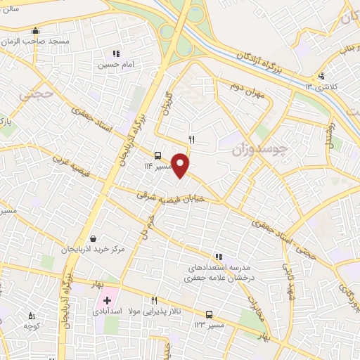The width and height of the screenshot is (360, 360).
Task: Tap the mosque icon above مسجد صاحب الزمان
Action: pos(36,31)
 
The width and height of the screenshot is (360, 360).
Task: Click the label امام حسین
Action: pos(115,65)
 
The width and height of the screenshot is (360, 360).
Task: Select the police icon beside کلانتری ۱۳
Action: pos(321,76)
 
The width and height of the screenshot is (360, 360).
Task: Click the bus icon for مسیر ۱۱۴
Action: pos(157,156)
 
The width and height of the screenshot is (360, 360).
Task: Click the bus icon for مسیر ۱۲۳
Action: pos(209,314)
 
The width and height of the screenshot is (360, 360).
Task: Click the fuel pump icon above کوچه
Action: pos(30,316)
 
